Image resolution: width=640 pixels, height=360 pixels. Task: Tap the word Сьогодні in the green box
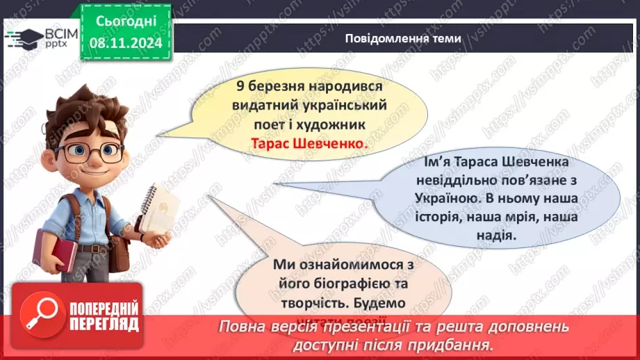point(125,22)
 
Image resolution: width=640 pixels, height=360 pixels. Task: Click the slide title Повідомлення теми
point(402,39)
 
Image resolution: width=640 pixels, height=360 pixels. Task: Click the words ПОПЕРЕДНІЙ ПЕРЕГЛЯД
point(104,317)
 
